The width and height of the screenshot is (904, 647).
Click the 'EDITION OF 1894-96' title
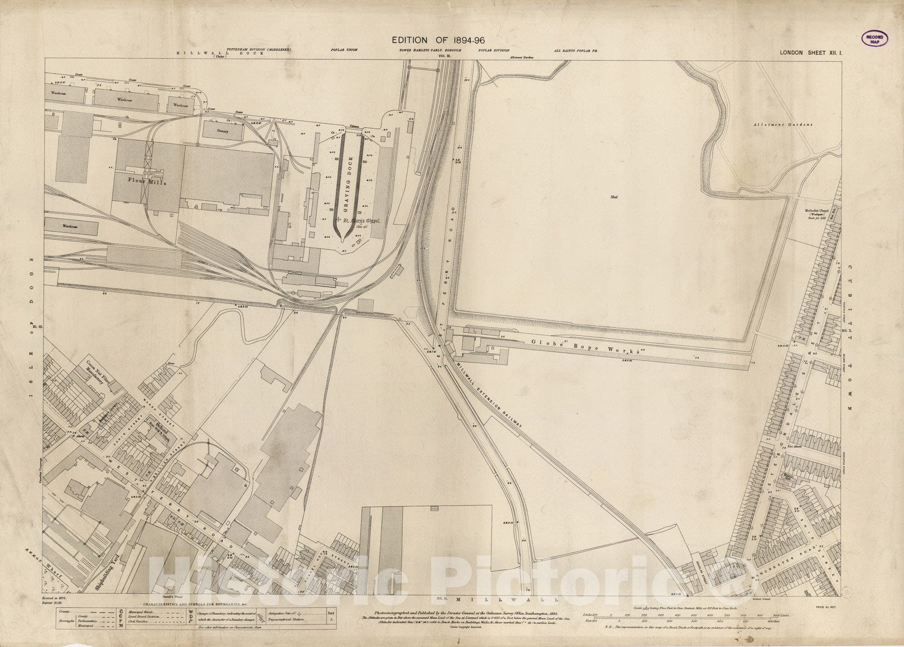[438, 40]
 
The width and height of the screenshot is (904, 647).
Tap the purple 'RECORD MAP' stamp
[875, 38]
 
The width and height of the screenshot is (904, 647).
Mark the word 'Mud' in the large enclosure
[615, 197]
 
